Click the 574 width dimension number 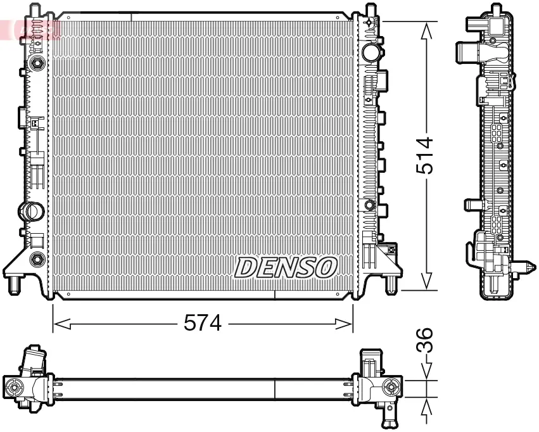(x=202, y=324)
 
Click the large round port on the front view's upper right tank (x=372, y=51)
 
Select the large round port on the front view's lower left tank (x=31, y=211)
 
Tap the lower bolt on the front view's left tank (x=37, y=258)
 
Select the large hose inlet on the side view (x=467, y=52)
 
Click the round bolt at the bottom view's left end (x=14, y=387)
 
